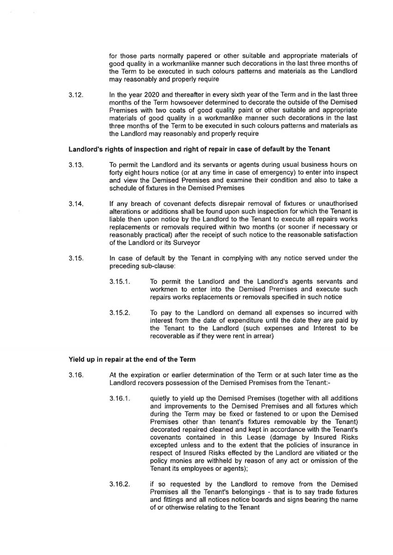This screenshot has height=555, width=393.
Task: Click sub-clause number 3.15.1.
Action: pyautogui.click(x=119, y=281)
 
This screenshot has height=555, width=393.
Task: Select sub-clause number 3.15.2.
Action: pyautogui.click(x=119, y=313)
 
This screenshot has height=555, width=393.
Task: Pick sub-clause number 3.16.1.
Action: pyautogui.click(x=119, y=398)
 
